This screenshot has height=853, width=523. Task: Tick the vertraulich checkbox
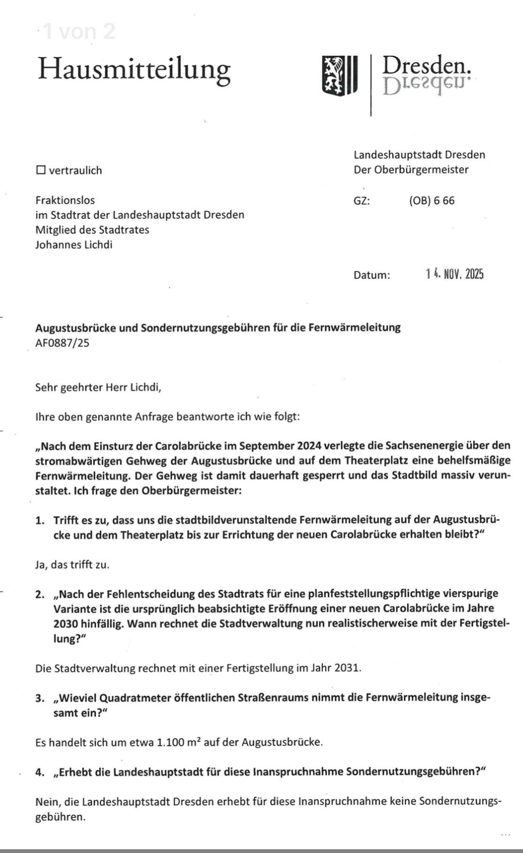[41, 170]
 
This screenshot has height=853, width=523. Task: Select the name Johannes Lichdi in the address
[74, 244]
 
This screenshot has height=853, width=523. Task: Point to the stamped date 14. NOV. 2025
[455, 274]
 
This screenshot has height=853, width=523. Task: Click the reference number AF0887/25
[62, 343]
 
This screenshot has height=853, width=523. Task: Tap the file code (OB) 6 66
[432, 201]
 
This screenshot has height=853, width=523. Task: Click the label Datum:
[371, 275]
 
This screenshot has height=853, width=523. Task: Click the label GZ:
[362, 201]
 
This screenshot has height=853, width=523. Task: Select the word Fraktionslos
[65, 200]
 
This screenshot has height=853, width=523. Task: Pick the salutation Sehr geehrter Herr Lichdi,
[98, 387]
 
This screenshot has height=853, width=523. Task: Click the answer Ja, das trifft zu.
[72, 564]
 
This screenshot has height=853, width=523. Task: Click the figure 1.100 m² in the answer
[179, 742]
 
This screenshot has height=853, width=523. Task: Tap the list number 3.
[40, 698]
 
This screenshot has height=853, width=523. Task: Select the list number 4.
[40, 772]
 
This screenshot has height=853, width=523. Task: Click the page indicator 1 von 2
[78, 31]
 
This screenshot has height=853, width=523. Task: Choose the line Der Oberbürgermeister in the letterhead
[411, 169]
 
